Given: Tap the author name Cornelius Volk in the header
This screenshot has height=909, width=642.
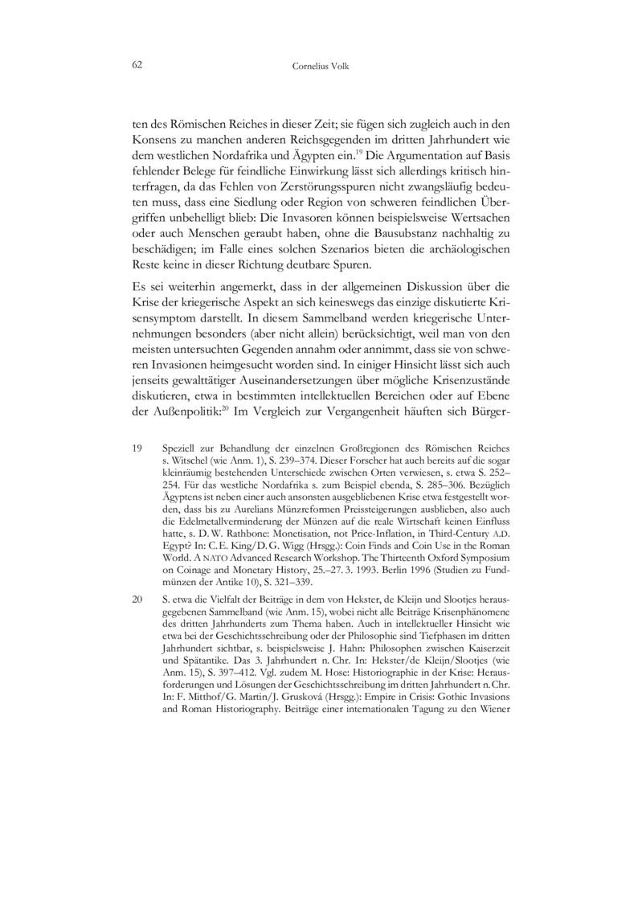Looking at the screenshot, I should [321, 68].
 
